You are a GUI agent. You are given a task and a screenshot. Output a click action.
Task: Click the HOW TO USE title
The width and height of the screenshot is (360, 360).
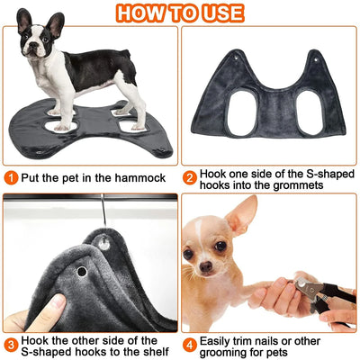pos(180,13)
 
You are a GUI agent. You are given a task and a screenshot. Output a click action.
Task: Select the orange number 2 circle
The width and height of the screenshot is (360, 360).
pos(191,178)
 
